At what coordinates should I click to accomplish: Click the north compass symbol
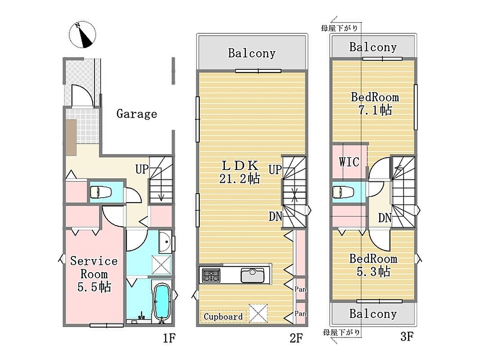82,35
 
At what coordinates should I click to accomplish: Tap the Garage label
136,114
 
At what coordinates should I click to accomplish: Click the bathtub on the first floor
161,301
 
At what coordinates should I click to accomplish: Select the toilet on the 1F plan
100,192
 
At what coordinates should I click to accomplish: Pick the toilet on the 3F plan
343,192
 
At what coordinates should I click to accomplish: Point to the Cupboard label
223,316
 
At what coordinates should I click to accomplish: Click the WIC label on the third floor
349,162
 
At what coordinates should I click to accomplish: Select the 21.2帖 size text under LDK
240,179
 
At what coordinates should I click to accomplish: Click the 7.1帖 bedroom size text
375,110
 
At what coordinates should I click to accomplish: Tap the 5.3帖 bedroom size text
373,271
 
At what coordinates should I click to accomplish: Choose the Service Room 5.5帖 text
94,274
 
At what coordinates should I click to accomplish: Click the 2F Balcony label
252,53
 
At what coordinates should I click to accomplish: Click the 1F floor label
169,338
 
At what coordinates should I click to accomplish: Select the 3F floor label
407,337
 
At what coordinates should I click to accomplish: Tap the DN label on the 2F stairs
275,217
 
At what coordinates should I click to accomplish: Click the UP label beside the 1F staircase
142,169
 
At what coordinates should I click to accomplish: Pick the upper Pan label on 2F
301,289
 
